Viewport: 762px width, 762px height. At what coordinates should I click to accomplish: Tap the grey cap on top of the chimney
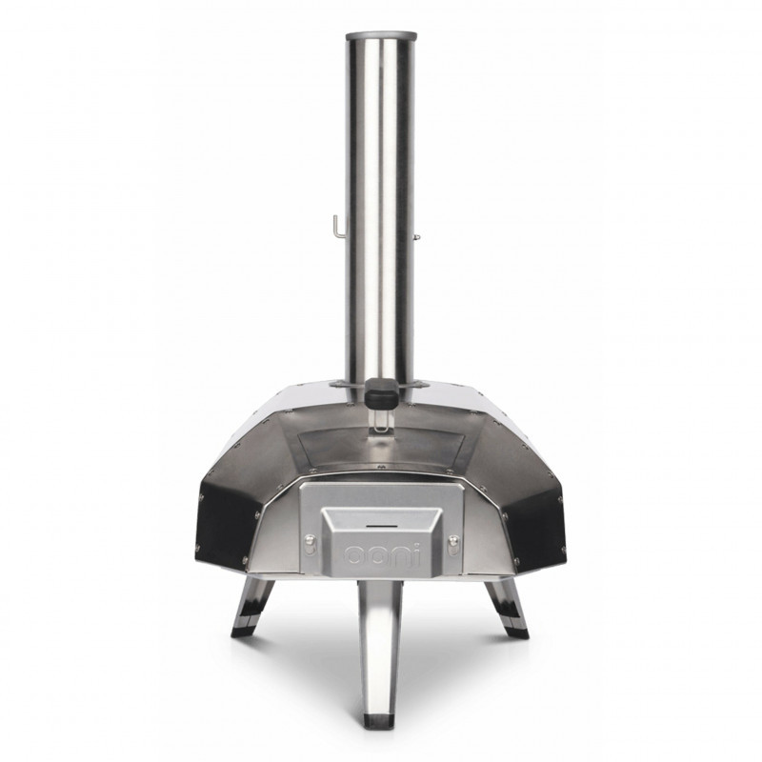(x=381, y=37)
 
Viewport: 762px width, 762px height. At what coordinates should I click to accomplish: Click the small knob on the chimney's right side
(x=417, y=236)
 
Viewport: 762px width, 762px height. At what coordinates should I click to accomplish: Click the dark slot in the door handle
(x=380, y=526)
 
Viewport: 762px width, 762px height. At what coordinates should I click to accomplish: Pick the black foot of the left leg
(x=242, y=632)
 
